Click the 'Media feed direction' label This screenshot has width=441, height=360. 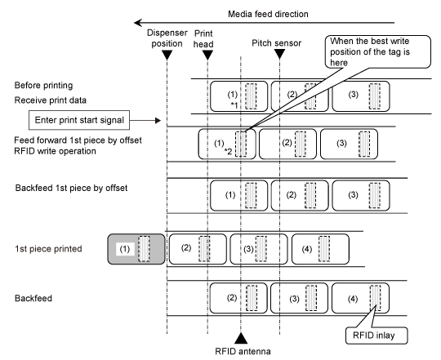pos(268,14)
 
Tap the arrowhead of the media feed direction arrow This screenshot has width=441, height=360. pos(137,23)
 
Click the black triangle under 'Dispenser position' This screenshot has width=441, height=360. pos(167,55)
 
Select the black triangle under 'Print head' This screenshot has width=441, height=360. pos(207,55)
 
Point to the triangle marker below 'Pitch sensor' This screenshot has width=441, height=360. pos(279,54)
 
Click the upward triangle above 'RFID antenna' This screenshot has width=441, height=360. pos(241,339)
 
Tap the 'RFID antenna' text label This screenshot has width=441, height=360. pos(243,351)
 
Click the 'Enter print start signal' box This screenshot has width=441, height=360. pos(79,120)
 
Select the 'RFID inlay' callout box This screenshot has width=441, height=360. pos(376,336)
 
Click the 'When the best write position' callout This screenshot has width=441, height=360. pos(378,51)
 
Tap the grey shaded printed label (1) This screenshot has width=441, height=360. pos(136,249)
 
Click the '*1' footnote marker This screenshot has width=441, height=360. pos(234,105)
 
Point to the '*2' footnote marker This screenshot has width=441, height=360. pos(228,152)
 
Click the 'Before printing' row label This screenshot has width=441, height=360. pos(43,86)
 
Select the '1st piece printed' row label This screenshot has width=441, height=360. pos(48,249)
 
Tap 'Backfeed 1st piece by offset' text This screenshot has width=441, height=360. pos(71,188)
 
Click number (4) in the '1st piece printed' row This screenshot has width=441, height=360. pos(307,249)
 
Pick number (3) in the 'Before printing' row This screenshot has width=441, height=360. pos(354,95)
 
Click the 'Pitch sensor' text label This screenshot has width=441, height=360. pos(277,43)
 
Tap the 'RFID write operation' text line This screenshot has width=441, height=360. pos(56,151)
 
